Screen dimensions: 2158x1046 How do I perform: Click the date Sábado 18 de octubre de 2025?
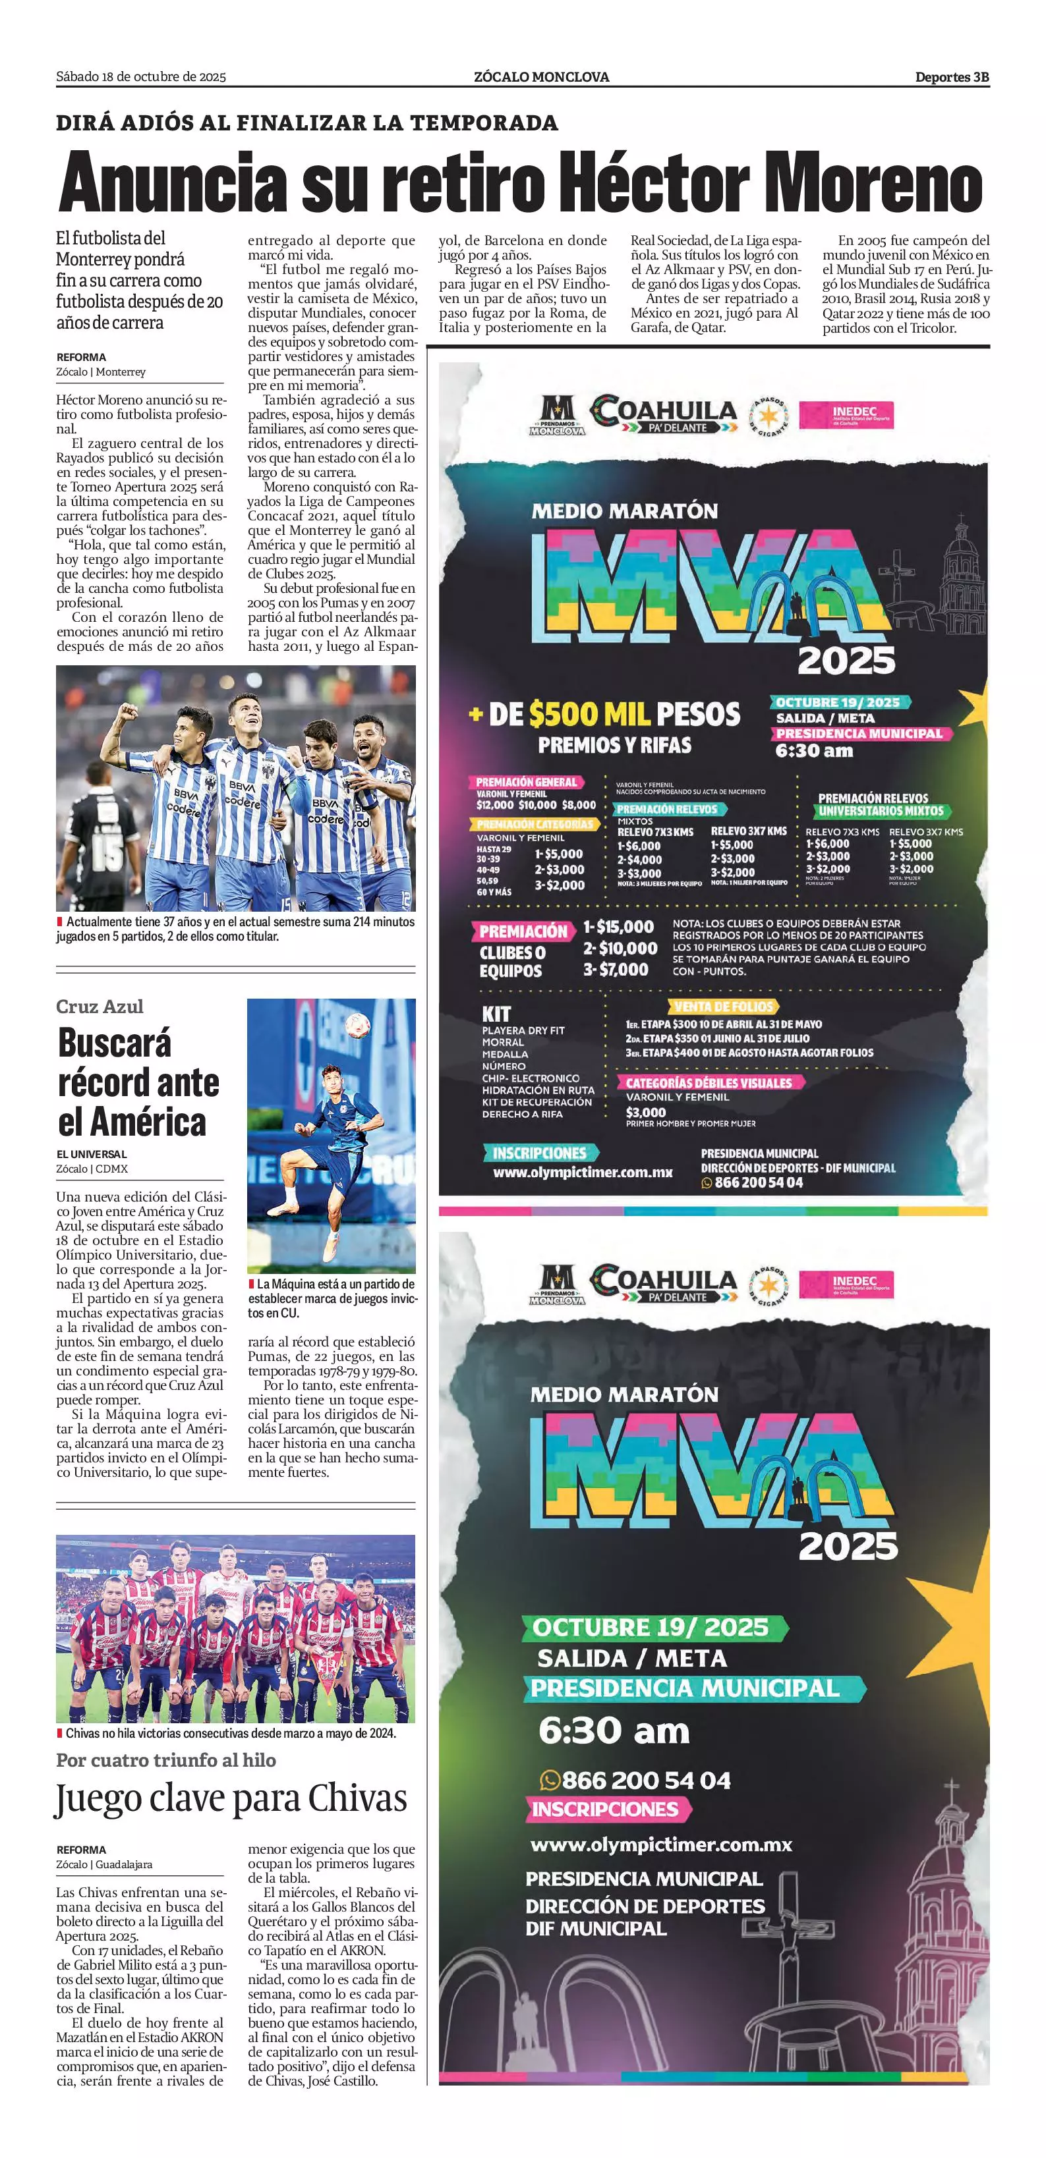pyautogui.click(x=141, y=77)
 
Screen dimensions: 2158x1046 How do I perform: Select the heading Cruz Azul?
pyautogui.click(x=100, y=1006)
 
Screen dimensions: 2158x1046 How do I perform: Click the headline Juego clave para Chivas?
pyautogui.click(x=231, y=1798)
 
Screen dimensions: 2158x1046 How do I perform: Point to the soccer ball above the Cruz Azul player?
pyautogui.click(x=358, y=1024)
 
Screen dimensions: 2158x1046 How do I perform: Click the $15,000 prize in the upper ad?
pyautogui.click(x=618, y=927)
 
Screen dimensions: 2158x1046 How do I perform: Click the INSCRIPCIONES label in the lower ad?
pyautogui.click(x=604, y=1809)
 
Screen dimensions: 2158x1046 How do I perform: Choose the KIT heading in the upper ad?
pyautogui.click(x=496, y=1013)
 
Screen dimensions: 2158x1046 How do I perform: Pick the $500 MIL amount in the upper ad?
pyautogui.click(x=590, y=714)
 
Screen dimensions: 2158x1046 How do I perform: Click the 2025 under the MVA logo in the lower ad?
pyautogui.click(x=848, y=1545)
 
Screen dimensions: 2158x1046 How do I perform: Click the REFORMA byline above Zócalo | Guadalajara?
pyautogui.click(x=81, y=1850)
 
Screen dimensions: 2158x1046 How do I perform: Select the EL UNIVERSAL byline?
pyautogui.click(x=92, y=1153)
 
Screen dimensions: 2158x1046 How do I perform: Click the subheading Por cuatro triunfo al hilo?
pyautogui.click(x=166, y=1760)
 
